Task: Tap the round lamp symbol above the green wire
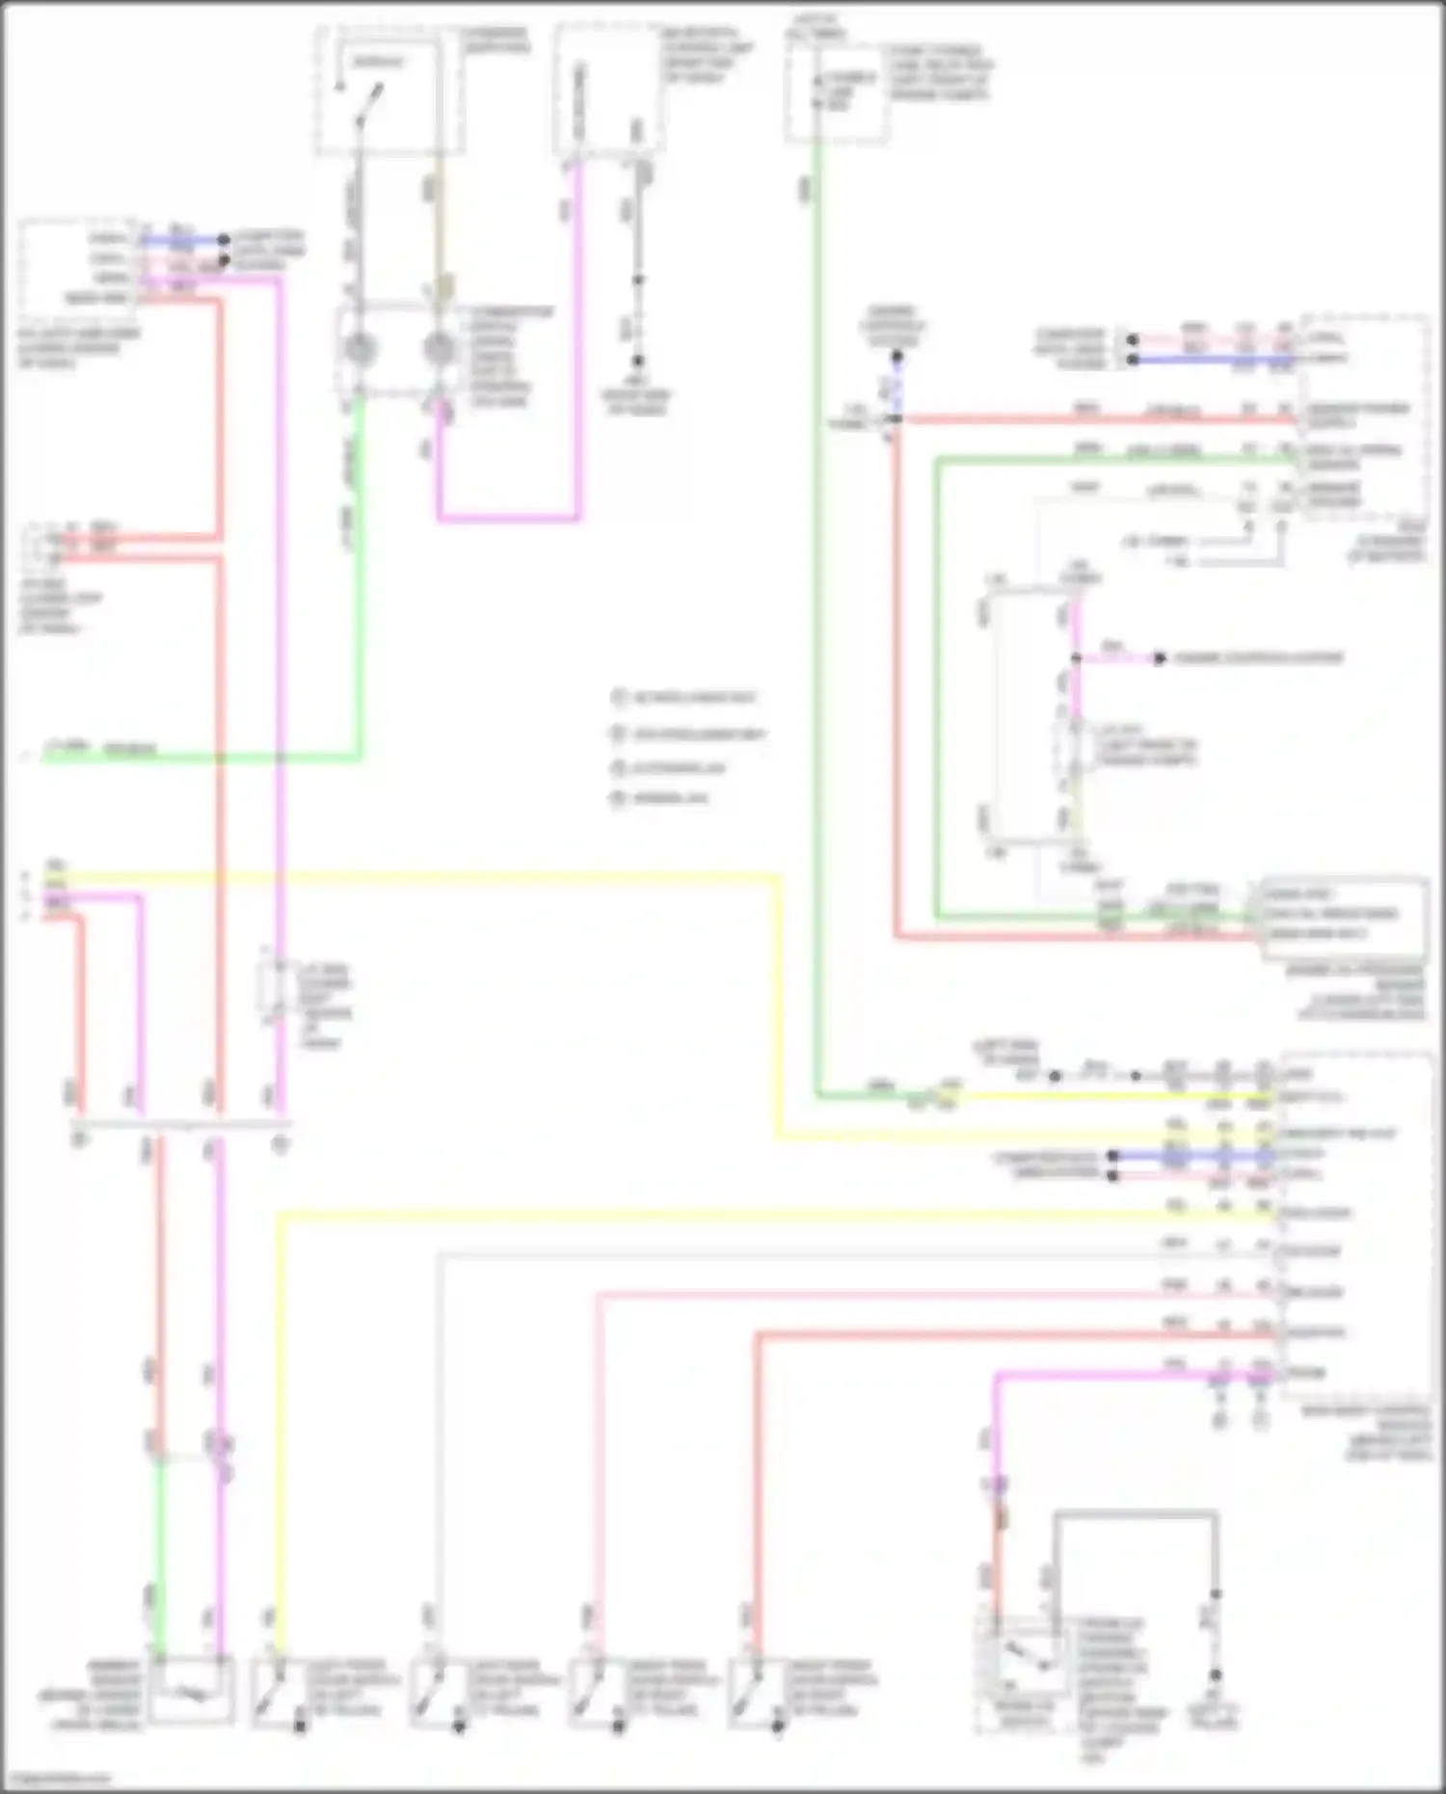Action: pos(360,349)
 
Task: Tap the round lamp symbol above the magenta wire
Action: pos(440,349)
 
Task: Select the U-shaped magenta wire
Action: pos(508,518)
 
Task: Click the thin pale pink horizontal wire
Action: pos(916,1295)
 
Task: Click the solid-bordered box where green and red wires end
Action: pos(1344,916)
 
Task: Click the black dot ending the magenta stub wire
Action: pos(1160,658)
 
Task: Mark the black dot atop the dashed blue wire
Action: pos(897,357)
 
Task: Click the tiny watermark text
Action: pos(56,1780)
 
